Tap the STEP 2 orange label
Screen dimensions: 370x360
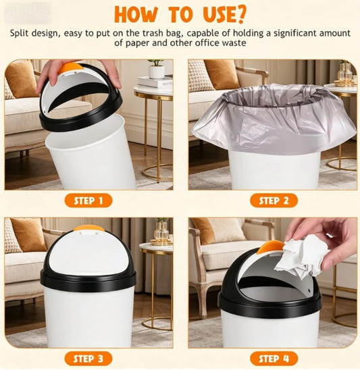coord(274,201)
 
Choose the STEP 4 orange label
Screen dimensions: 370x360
coord(274,358)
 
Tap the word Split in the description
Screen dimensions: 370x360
coord(21,33)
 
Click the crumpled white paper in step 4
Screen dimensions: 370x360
coord(302,257)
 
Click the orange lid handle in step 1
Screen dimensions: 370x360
coord(70,68)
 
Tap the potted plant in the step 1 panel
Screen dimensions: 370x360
coord(156,68)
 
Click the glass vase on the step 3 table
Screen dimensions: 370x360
coord(161,233)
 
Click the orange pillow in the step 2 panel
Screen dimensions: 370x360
coord(222,74)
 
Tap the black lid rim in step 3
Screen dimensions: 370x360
coord(88,280)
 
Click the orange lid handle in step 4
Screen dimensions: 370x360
coord(270,247)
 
